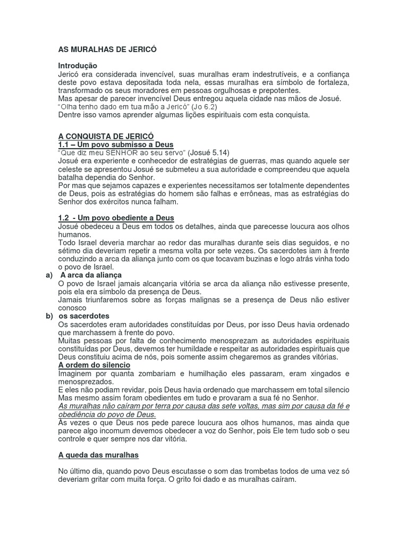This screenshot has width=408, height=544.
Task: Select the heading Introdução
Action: [78, 65]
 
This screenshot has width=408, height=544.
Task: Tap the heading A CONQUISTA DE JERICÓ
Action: [106, 137]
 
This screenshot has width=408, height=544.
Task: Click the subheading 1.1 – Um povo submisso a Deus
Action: [115, 144]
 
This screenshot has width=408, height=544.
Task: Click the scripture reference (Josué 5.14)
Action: [212, 152]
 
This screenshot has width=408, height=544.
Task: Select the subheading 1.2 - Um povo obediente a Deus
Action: [116, 218]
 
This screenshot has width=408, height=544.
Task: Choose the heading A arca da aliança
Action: [91, 275]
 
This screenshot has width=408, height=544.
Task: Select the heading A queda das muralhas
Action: [98, 455]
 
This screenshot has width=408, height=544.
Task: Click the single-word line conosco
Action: [72, 308]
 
